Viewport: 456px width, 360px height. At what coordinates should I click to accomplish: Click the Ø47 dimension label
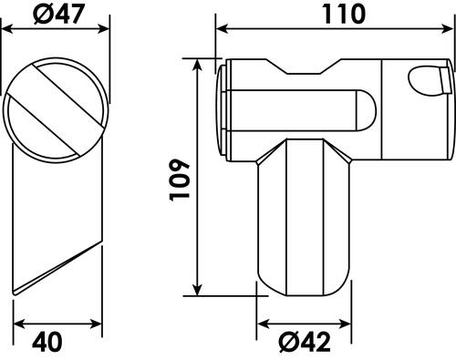[x=58, y=14]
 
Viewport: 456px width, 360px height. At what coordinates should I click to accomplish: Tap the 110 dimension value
[x=344, y=15]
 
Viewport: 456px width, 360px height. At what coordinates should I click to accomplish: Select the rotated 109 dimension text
[x=180, y=180]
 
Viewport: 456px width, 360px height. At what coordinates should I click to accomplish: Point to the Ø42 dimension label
[x=305, y=343]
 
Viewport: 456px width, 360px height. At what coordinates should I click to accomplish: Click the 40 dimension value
[x=47, y=342]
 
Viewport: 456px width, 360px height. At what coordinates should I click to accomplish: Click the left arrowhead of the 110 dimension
[x=222, y=29]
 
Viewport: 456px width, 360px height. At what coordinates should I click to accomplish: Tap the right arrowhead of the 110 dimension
[x=447, y=29]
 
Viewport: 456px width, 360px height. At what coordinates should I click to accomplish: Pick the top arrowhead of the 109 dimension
[x=198, y=65]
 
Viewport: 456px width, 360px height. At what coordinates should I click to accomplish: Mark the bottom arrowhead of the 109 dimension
[x=198, y=290]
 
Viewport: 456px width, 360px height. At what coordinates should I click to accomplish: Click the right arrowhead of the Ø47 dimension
[x=103, y=29]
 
